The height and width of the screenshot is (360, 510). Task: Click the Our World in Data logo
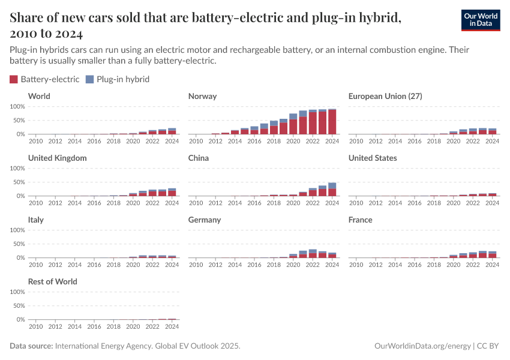coord(480,20)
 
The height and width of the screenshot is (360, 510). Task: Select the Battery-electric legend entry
coord(44,79)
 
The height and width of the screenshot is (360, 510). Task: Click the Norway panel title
coord(202,96)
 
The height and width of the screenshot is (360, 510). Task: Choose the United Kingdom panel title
coord(58,158)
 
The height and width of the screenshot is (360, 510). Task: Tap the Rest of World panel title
coord(53,281)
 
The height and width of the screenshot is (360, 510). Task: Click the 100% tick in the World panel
coord(17,107)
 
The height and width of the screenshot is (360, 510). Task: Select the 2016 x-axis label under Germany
coord(254,265)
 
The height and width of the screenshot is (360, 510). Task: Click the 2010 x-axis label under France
coord(356,265)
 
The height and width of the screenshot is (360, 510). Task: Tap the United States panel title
coord(372,158)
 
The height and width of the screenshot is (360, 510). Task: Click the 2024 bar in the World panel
coord(172,131)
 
